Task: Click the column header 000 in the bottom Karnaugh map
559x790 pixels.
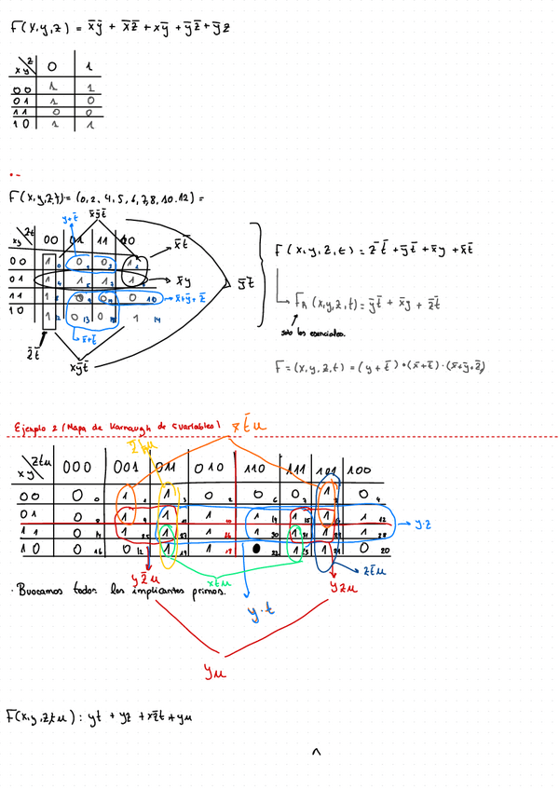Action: [77, 467]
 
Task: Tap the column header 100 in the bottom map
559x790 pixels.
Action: [359, 469]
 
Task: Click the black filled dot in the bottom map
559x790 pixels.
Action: [254, 549]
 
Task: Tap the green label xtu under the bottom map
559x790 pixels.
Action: [210, 579]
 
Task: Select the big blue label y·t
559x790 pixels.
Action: [258, 611]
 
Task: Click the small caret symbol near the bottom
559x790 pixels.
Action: [317, 751]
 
